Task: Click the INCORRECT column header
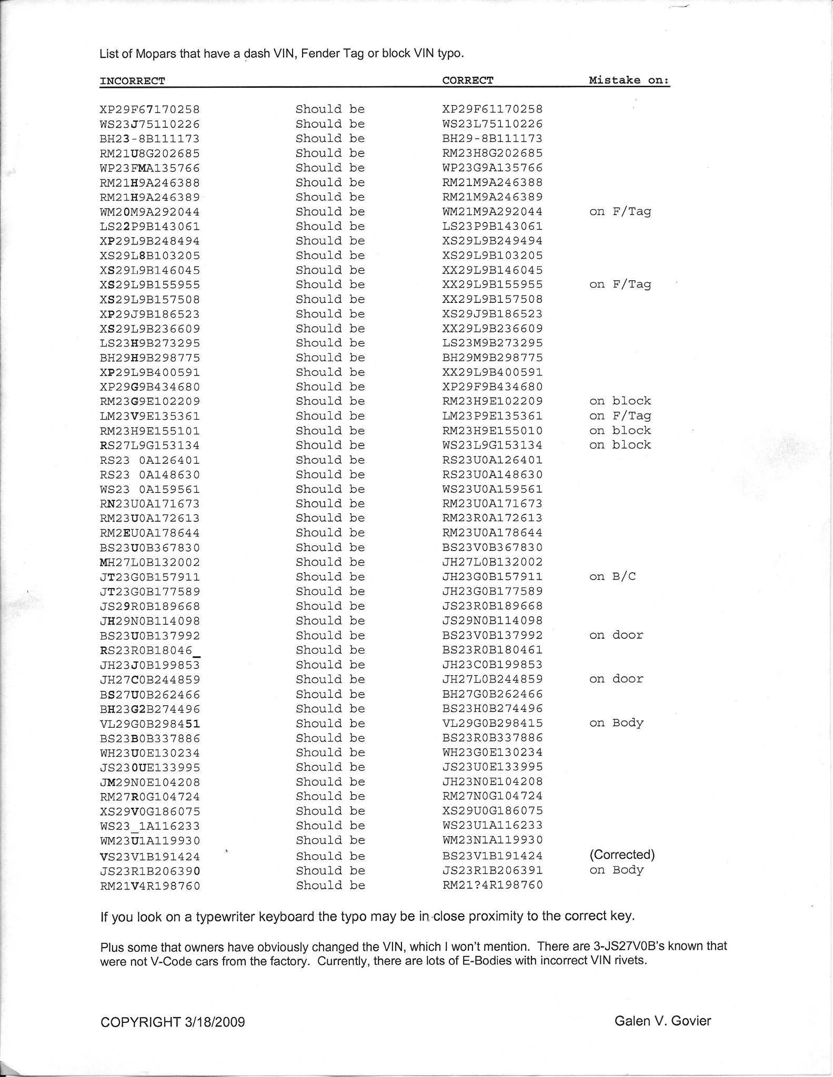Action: click(132, 81)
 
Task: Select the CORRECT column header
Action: click(467, 80)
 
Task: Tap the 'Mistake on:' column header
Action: click(629, 80)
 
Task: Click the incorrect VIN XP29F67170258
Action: click(149, 110)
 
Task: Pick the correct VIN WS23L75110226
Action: click(492, 124)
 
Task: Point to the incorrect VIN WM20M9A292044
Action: click(149, 212)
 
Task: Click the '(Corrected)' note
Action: click(622, 855)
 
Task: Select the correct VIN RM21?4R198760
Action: click(492, 885)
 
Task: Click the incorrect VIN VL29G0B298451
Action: click(149, 724)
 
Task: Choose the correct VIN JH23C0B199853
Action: click(492, 664)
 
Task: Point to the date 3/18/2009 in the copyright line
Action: click(215, 1022)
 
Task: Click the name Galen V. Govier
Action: click(662, 1021)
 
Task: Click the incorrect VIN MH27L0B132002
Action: click(149, 562)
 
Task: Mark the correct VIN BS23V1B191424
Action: click(492, 856)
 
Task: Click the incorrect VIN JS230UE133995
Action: click(149, 768)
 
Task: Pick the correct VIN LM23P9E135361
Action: click(492, 416)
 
